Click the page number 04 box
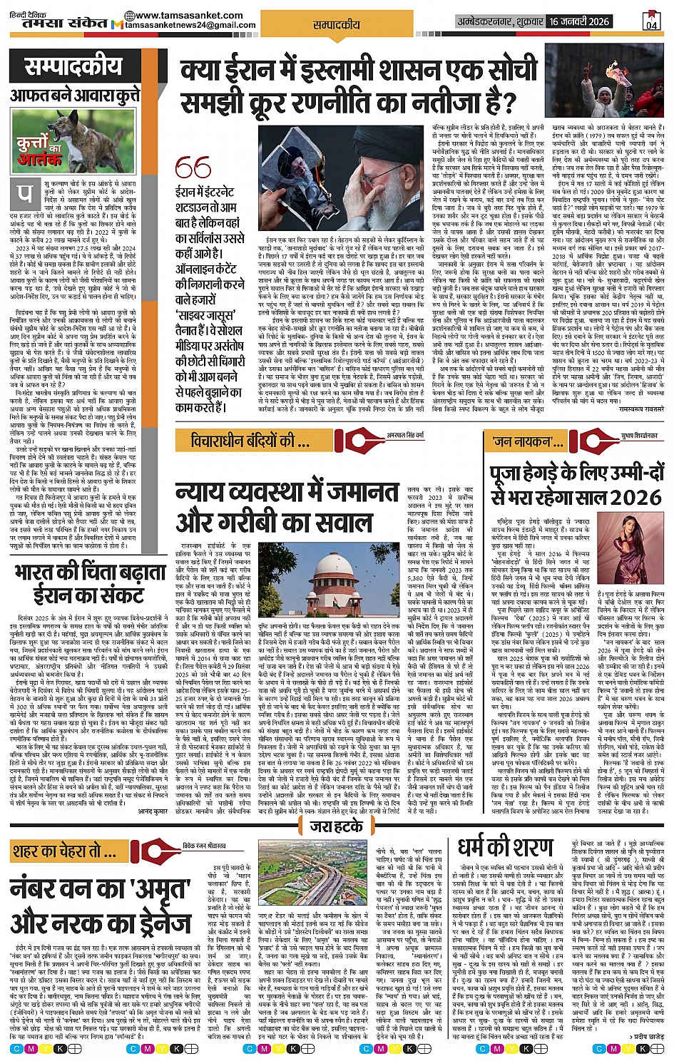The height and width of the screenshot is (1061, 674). point(651,21)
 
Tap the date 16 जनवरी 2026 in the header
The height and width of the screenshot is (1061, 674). point(580,21)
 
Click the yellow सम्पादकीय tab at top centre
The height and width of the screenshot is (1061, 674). point(337,24)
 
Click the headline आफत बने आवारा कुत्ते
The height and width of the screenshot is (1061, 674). point(75,95)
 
